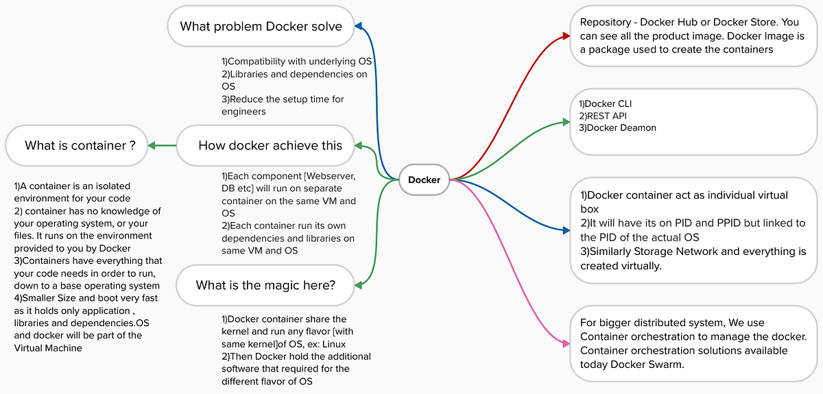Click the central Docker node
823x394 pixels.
(x=424, y=180)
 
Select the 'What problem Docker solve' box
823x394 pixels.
(x=261, y=27)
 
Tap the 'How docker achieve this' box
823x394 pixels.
(x=270, y=145)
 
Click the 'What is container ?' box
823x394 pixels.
(x=75, y=145)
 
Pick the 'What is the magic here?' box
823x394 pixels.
(x=265, y=285)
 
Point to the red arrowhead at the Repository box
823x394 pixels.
(x=565, y=34)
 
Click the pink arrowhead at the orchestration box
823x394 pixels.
(x=565, y=343)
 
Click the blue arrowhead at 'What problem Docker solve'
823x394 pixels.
(x=357, y=27)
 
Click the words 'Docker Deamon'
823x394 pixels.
(x=613, y=127)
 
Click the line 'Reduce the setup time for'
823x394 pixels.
(x=283, y=99)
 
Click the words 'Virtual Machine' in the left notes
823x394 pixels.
(x=49, y=347)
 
